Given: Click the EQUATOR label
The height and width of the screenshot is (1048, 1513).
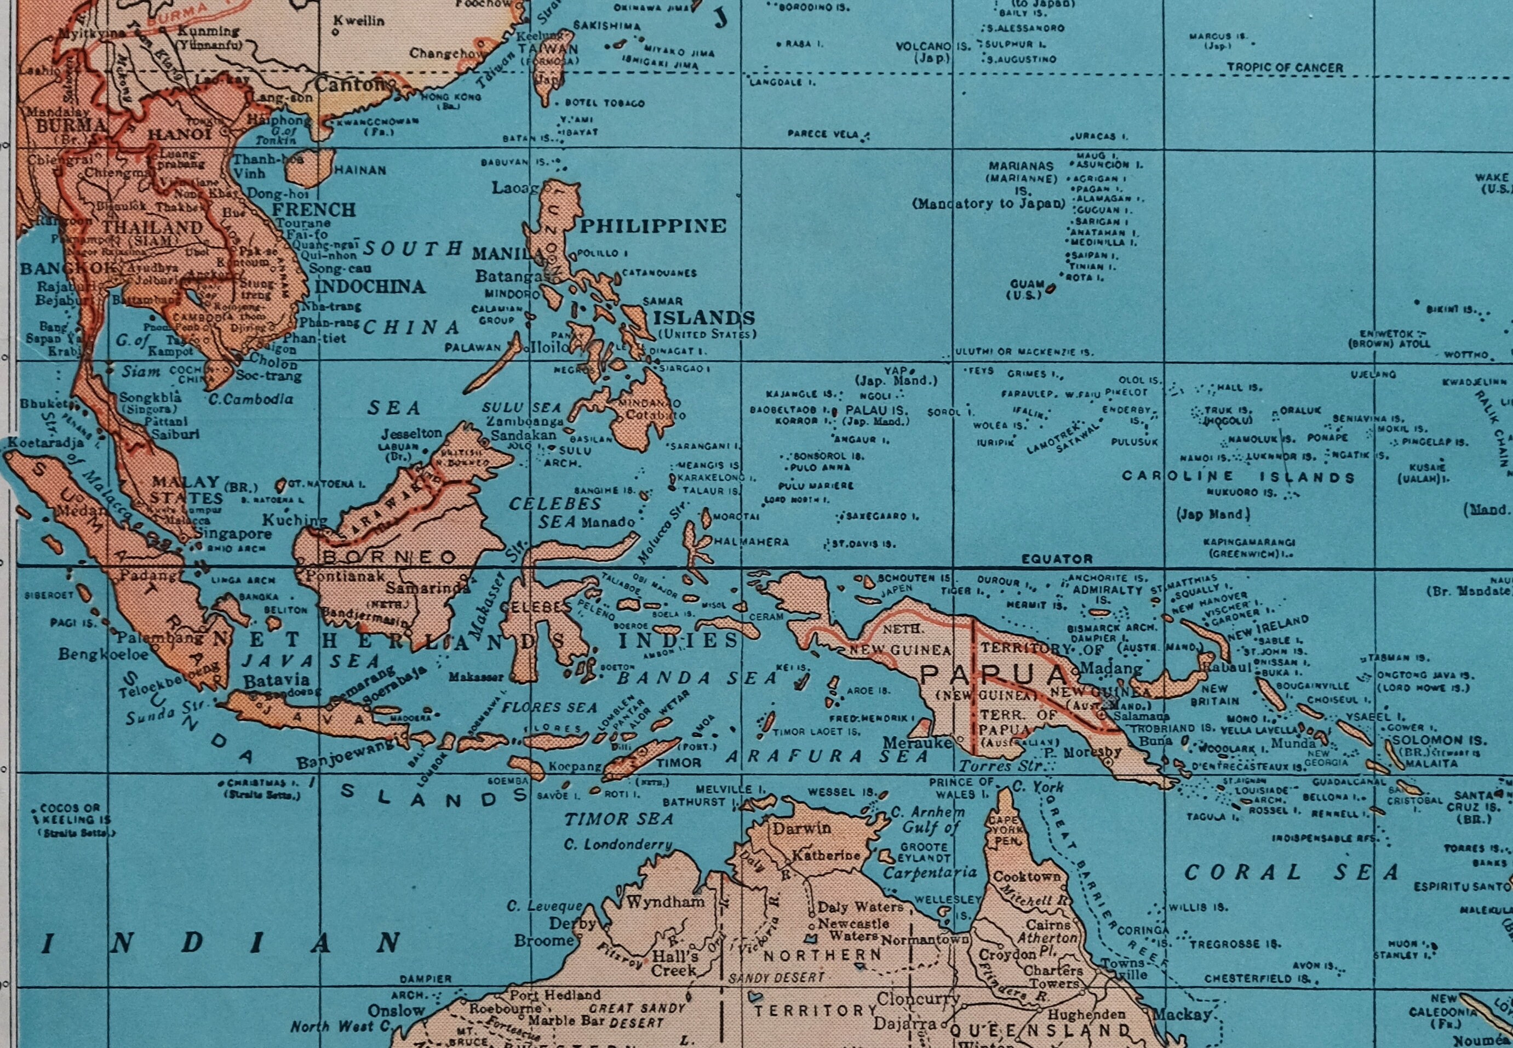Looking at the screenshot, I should coord(1057,559).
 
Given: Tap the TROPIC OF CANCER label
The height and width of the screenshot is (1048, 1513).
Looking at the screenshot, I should coord(1285,67).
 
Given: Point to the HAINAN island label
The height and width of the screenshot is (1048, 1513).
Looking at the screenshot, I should coord(360,170).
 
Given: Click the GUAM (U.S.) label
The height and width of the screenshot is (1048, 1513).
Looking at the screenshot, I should coord(1027,289).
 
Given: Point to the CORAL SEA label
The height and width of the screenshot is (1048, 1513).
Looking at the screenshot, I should coord(1291,873).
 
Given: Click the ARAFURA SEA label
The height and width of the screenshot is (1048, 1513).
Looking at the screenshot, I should coord(827,757).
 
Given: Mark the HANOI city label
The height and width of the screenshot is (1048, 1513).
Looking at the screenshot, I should coord(179,134).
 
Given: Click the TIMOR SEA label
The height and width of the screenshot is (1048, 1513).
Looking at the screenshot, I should coord(619,819).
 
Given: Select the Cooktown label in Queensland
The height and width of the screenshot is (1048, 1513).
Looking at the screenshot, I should coord(1027,877).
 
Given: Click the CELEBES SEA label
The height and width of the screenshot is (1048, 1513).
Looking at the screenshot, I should coord(555,512).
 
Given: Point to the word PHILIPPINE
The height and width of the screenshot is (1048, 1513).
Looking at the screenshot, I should coord(652,226).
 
